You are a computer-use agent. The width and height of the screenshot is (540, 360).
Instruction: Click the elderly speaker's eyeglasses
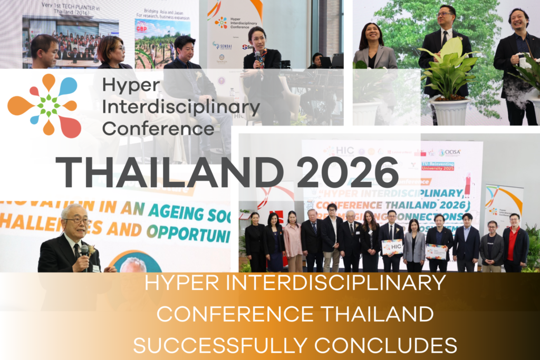tap(76, 221)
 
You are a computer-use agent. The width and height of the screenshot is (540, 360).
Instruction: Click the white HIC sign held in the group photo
tap(392, 246)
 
